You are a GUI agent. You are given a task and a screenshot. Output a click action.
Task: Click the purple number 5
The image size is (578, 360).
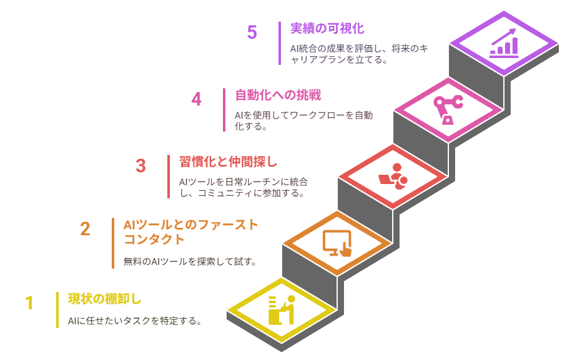(252, 33)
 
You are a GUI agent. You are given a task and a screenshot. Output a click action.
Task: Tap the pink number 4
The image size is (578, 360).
(196, 99)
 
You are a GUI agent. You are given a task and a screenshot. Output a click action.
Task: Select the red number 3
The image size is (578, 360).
(141, 166)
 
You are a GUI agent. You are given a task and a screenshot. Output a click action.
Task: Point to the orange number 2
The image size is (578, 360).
(85, 229)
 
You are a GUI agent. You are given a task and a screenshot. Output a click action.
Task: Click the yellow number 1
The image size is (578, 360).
(29, 303)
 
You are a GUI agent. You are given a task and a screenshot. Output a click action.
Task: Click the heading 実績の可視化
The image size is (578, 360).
(327, 28)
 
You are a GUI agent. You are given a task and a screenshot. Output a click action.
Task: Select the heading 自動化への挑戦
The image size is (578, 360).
(278, 95)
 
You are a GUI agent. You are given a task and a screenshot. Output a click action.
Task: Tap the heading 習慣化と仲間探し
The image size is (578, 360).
(228, 162)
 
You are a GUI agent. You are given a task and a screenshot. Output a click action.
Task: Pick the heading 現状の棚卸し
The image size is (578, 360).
(105, 299)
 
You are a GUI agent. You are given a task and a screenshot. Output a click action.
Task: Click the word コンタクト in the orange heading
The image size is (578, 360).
(154, 240)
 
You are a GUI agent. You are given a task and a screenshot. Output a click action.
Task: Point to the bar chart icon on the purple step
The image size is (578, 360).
(504, 43)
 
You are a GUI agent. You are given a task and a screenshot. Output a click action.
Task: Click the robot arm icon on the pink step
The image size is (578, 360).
(448, 110)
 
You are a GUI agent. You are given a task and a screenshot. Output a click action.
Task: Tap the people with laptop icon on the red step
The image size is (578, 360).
(393, 177)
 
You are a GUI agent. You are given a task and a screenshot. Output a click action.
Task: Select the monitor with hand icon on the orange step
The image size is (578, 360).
(337, 243)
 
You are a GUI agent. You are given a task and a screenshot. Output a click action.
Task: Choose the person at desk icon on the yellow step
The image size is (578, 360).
(282, 310)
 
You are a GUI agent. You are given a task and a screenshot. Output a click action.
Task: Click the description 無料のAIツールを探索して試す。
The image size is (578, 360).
(190, 262)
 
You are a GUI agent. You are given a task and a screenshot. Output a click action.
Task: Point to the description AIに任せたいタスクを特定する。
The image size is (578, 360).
(135, 321)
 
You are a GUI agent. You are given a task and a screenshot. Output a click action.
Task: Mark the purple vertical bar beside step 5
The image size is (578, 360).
(280, 43)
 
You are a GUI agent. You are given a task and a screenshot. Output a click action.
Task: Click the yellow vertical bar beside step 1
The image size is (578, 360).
(57, 310)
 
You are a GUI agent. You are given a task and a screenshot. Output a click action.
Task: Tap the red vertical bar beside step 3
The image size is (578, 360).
(169, 177)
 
